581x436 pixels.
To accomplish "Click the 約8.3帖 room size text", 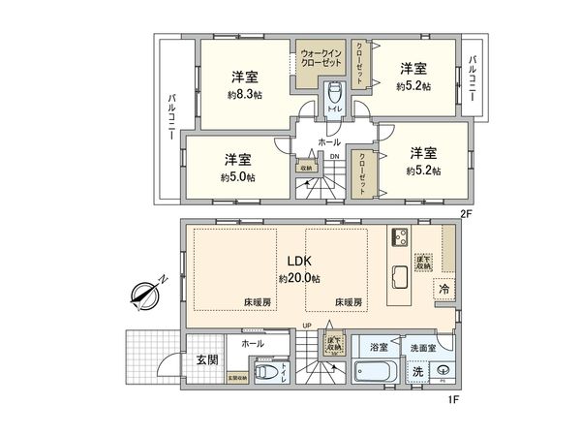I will coord(242,96).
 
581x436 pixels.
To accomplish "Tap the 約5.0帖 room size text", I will coord(237,177).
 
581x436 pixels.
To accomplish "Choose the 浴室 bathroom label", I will coord(376,346).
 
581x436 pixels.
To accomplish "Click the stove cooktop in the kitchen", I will coord(401,238).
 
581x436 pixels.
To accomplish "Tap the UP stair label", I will coord(307,326).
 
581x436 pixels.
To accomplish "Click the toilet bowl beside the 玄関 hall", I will coord(264,373).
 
